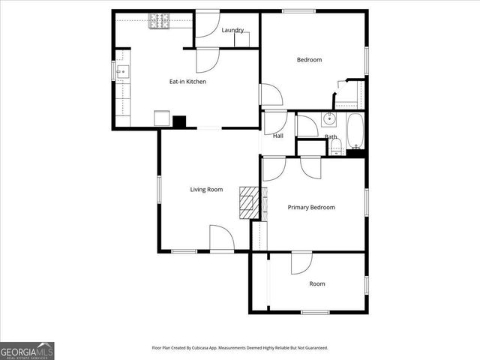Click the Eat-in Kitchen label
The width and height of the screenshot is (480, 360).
187,82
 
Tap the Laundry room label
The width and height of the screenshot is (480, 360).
232,30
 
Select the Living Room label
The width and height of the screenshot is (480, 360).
206,190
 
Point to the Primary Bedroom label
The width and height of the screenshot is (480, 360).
311,207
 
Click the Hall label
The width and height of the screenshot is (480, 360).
278,136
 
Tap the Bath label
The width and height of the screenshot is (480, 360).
331,136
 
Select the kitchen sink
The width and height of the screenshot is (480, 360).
122,72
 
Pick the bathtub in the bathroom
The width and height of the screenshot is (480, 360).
355,130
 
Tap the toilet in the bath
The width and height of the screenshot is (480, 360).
336,150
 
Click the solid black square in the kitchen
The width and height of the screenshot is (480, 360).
179,121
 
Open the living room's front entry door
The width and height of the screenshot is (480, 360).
222,239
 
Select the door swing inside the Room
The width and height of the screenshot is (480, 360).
301,263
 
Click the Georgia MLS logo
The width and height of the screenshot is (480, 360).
27,350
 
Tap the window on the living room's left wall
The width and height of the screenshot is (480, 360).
158,189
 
